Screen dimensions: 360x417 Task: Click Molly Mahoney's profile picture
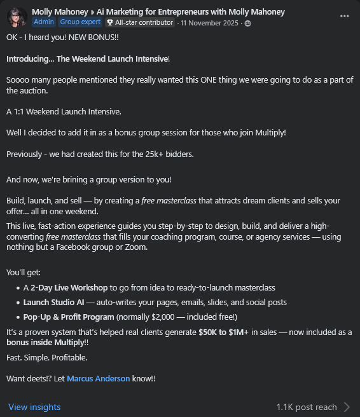pos(17,17)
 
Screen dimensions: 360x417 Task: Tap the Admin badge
pos(44,22)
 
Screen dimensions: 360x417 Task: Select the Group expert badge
pos(79,22)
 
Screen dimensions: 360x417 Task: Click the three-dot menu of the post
pos(345,16)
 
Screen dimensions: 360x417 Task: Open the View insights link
pos(34,407)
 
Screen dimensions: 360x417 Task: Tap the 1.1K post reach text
pos(307,407)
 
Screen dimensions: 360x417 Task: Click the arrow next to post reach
pos(347,407)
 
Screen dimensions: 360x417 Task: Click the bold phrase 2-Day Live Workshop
pos(70,287)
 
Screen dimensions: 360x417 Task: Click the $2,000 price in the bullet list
pos(175,317)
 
